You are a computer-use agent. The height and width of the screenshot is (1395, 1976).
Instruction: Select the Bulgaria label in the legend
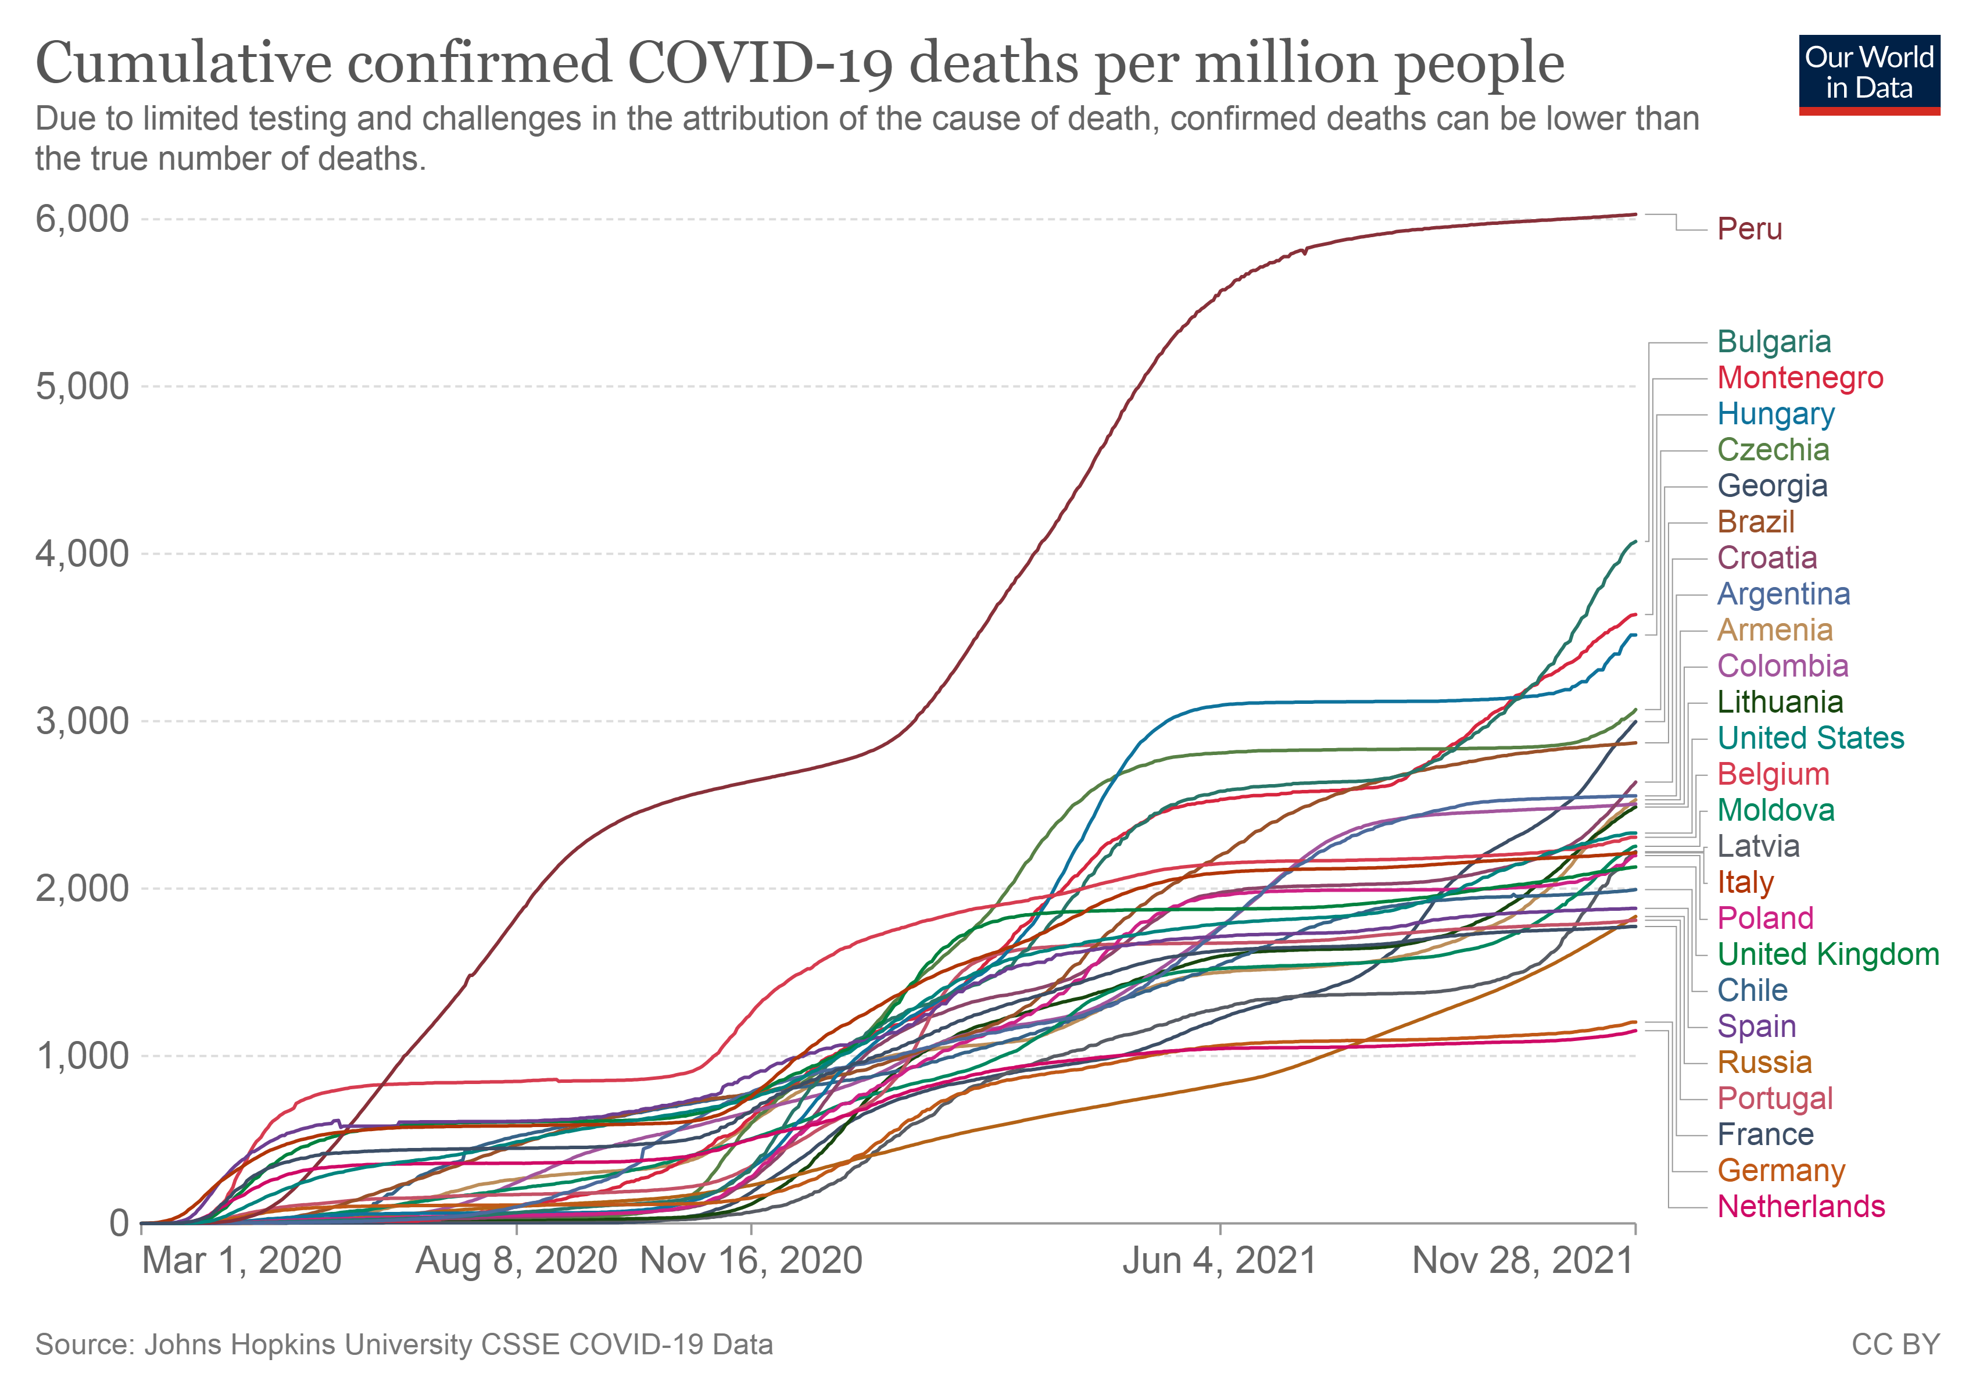[1773, 342]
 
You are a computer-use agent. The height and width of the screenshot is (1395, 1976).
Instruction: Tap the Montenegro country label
[1799, 378]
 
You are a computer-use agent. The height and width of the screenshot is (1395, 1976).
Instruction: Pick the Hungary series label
[1775, 414]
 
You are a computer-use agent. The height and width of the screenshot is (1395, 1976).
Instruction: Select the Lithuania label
[1780, 702]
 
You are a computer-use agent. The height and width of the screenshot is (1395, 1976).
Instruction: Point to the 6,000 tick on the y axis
[82, 219]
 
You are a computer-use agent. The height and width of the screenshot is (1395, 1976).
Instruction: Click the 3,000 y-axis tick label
[82, 721]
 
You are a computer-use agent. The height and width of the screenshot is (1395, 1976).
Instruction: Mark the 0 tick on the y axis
[120, 1223]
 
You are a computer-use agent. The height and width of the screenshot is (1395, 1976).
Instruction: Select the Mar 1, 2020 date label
[242, 1261]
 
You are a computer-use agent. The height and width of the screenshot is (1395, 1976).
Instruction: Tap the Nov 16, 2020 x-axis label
[751, 1261]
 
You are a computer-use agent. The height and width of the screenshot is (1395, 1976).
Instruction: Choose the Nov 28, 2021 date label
[1523, 1261]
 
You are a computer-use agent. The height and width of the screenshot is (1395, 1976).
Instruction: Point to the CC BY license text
[1895, 1344]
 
